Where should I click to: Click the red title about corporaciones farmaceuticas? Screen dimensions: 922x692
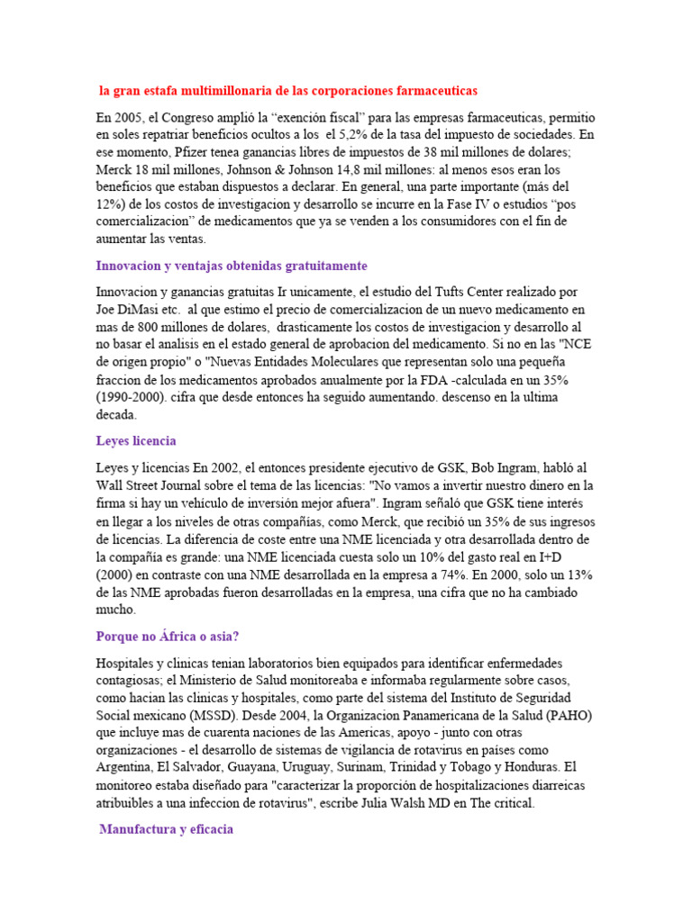pos(287,91)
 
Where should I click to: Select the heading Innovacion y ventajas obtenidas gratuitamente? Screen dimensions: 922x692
pos(232,266)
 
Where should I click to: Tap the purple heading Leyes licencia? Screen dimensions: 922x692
pos(136,441)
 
